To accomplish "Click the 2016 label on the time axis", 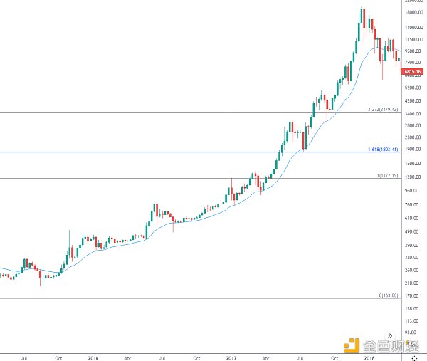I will tap(93, 357).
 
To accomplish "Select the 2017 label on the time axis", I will tap(231, 357).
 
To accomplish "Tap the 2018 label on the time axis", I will tap(368, 357).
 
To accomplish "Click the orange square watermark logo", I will tap(350, 345).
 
